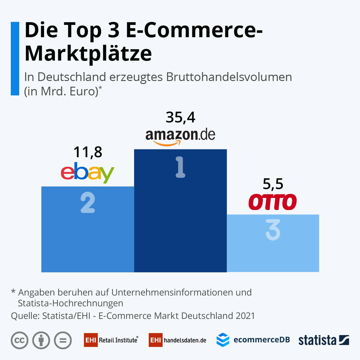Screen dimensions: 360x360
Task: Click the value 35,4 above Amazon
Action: (180, 117)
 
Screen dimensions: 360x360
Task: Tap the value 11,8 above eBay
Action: (88, 152)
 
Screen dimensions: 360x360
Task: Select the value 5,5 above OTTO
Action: (273, 184)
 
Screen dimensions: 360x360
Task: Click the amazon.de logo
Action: (180, 137)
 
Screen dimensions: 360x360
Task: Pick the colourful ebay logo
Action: (88, 173)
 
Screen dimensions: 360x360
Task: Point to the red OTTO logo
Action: (273, 202)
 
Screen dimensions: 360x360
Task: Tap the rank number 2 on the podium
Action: (88, 203)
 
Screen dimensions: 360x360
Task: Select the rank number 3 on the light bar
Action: (273, 230)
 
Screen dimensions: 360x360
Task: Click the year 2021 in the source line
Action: (245, 316)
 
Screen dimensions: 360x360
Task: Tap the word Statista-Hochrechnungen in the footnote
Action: (70, 303)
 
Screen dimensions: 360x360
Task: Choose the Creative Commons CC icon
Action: (19, 340)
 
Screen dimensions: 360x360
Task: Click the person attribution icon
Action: (41, 340)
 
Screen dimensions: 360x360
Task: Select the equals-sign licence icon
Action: (63, 340)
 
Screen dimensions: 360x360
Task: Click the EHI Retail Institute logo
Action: (111, 340)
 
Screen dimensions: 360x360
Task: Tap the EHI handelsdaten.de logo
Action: (178, 340)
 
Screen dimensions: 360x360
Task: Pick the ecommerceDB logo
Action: (253, 340)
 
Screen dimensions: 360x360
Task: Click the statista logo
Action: (324, 340)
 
